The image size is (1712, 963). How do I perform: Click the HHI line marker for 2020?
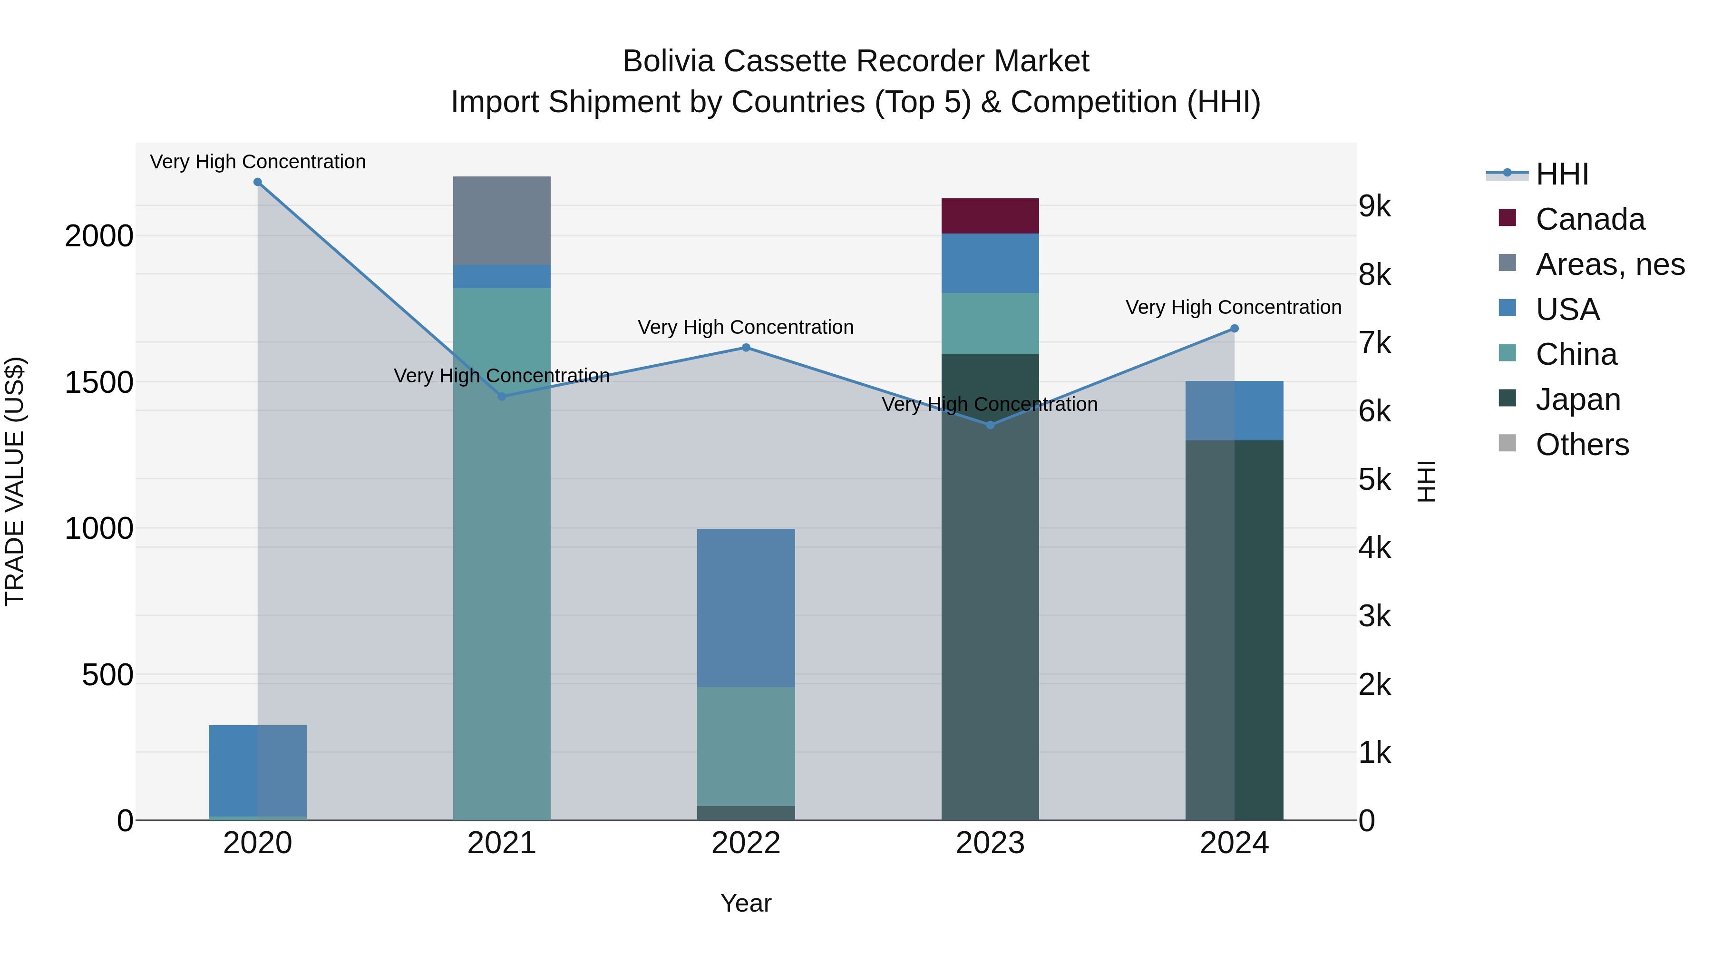point(258,182)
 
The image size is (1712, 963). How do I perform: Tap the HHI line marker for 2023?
point(990,425)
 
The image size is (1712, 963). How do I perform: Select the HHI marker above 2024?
point(1234,328)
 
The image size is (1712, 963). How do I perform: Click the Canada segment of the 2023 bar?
point(990,216)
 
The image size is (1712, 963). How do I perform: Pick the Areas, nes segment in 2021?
point(502,221)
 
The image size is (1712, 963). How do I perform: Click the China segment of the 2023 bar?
point(990,324)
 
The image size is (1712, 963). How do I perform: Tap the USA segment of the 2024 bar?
point(1234,411)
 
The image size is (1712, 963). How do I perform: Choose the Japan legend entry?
point(1578,399)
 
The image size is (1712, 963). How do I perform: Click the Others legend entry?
point(1582,445)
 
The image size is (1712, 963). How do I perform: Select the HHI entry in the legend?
point(1562,174)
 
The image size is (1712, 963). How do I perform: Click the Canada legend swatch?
point(1508,218)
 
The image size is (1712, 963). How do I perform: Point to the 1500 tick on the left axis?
point(99,383)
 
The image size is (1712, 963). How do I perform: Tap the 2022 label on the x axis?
point(746,843)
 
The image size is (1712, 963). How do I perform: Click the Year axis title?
point(746,903)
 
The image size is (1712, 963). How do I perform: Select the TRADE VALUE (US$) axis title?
point(15,481)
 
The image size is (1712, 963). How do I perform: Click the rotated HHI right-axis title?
point(1426,481)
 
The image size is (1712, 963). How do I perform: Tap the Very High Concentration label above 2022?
point(746,327)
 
